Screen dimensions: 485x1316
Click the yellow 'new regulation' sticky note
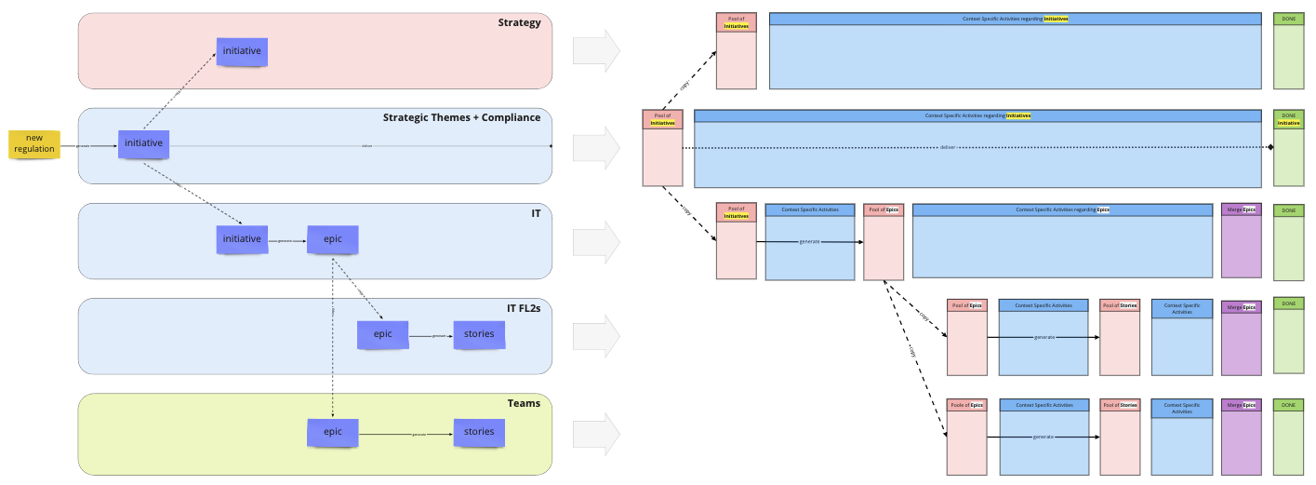[x=34, y=143]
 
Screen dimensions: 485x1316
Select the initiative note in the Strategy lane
[x=242, y=51]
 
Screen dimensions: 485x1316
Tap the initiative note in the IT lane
[x=242, y=239]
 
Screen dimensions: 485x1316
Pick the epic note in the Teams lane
[x=333, y=432]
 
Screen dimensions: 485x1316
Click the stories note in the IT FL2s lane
[x=479, y=334]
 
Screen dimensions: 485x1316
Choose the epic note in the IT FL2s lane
[x=382, y=334]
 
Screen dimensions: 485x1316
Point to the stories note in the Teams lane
[x=479, y=432]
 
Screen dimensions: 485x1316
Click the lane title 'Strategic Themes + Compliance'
[x=461, y=117]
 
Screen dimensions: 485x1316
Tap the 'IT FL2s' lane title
[x=517, y=307]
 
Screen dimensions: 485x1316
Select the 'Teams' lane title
[x=524, y=403]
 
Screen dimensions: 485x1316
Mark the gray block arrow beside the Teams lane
[x=596, y=434]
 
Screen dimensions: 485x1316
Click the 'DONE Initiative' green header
[x=1288, y=119]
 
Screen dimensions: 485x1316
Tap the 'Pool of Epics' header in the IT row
[x=884, y=209]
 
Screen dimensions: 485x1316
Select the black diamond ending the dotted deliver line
[x=1270, y=147]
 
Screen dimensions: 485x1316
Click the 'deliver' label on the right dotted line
[x=948, y=147]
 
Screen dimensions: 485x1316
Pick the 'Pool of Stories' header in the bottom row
[x=1120, y=405]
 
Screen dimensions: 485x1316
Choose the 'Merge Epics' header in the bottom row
[x=1242, y=405]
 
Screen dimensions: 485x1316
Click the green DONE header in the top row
[x=1288, y=19]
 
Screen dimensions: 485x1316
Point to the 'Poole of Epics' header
[x=966, y=405]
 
